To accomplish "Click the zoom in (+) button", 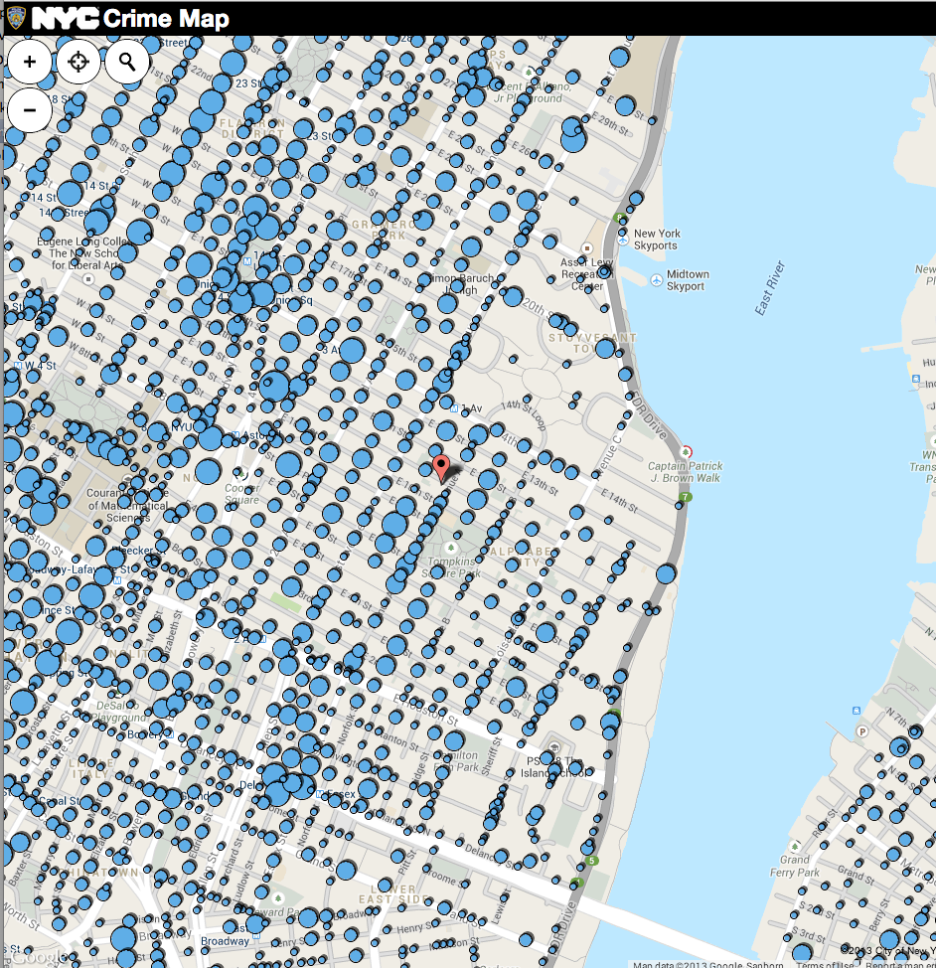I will [30, 62].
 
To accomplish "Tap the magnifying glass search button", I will [126, 62].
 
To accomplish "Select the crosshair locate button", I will [78, 62].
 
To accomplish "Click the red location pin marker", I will [441, 466].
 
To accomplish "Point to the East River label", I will [770, 289].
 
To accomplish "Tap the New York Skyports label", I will [656, 240].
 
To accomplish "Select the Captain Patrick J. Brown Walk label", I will [686, 472].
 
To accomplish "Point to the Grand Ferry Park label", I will [800, 866].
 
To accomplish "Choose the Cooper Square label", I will [241, 494].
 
